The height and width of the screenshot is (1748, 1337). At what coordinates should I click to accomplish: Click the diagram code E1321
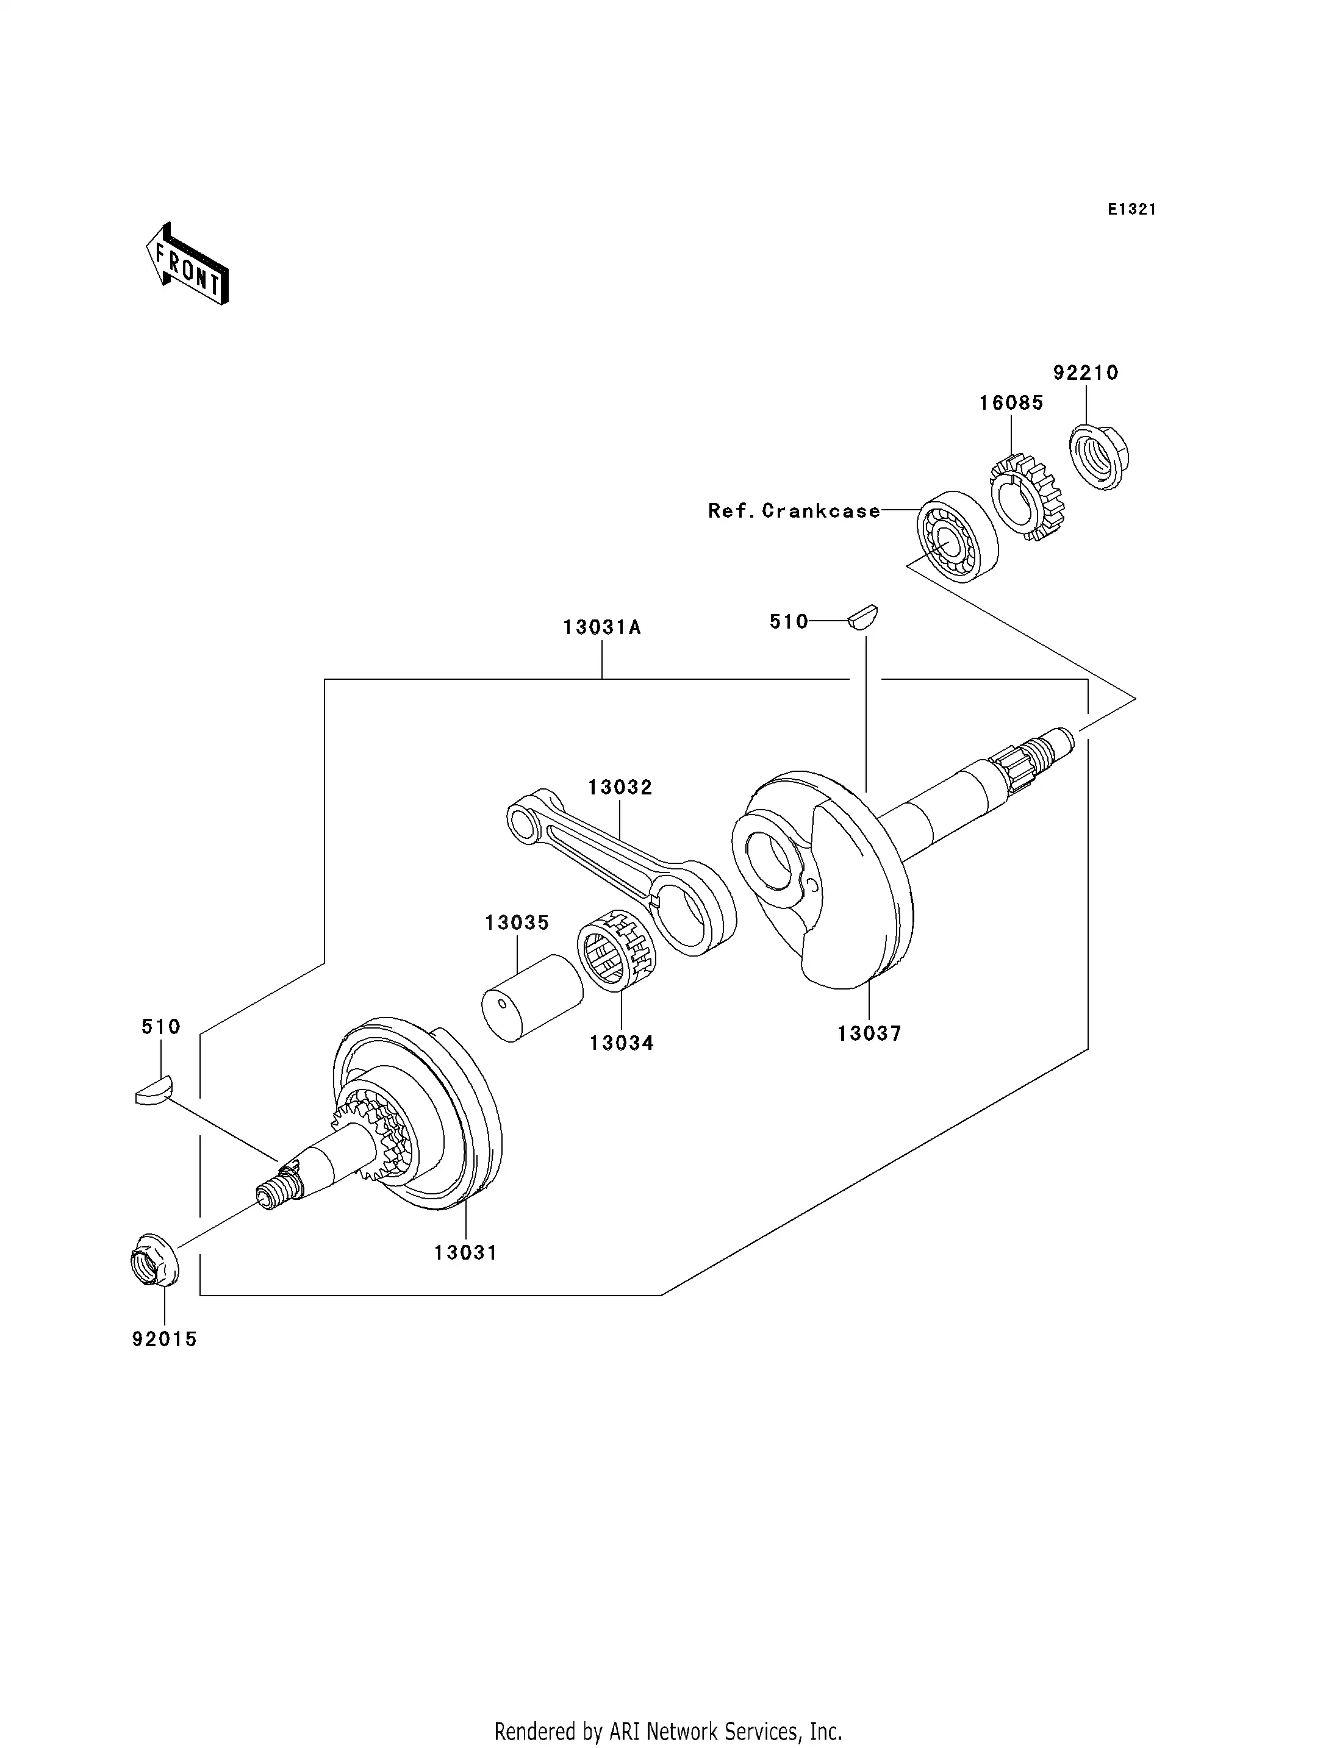coord(1131,209)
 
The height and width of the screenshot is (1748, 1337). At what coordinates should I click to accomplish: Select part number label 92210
coord(1086,373)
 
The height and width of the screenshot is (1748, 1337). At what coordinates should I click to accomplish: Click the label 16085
coord(1011,404)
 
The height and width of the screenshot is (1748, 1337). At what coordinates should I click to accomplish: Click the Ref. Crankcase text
coord(794,511)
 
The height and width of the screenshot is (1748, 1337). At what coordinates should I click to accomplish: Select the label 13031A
coord(601,628)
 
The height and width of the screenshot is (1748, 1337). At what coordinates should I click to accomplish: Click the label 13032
coord(620,788)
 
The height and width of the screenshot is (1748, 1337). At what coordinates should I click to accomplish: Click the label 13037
coord(869,1034)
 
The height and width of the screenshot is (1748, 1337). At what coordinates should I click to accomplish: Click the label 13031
coord(465,1253)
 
